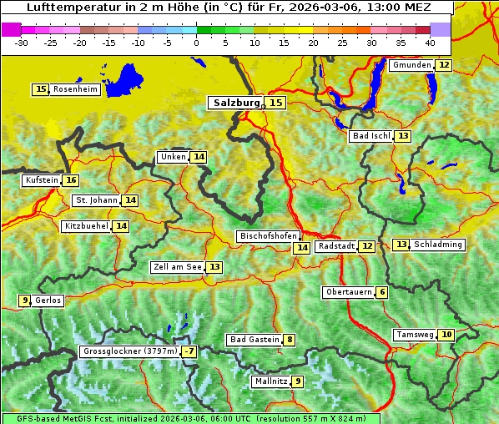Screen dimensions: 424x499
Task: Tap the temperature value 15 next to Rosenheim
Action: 41,89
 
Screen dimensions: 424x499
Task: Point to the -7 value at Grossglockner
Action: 190,352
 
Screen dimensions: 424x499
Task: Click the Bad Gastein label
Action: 255,340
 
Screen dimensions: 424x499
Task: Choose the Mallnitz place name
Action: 270,381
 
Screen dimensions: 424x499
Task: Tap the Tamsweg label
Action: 415,335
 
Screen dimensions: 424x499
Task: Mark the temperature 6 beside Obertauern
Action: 381,292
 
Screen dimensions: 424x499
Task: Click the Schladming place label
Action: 438,245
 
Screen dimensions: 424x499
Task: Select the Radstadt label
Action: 336,246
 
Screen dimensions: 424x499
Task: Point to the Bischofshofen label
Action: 268,237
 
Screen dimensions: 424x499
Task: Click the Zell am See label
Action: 177,267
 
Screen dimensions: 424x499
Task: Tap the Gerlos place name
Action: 48,300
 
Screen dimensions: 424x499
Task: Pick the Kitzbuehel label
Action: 86,226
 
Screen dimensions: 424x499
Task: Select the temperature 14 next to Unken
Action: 199,157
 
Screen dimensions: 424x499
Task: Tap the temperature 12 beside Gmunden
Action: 444,65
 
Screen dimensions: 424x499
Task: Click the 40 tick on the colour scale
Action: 430,42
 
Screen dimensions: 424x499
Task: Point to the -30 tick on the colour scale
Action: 22,42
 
